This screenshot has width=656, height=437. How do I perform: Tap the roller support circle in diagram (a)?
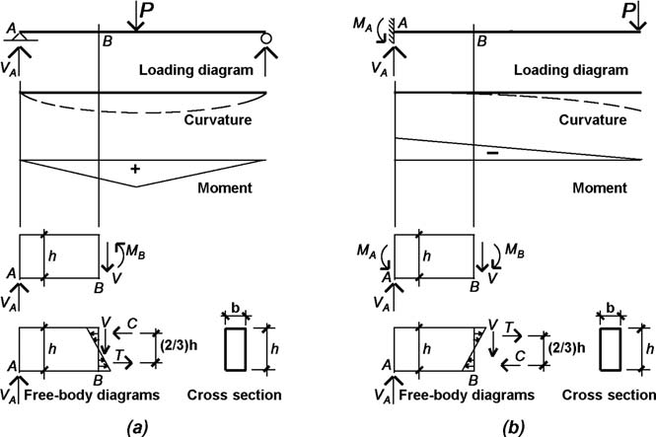coord(265,38)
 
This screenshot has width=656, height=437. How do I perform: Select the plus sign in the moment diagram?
coord(135,170)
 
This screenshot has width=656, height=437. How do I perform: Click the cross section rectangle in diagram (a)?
coord(235,350)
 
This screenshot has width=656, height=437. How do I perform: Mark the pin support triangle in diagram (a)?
coord(22,38)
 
